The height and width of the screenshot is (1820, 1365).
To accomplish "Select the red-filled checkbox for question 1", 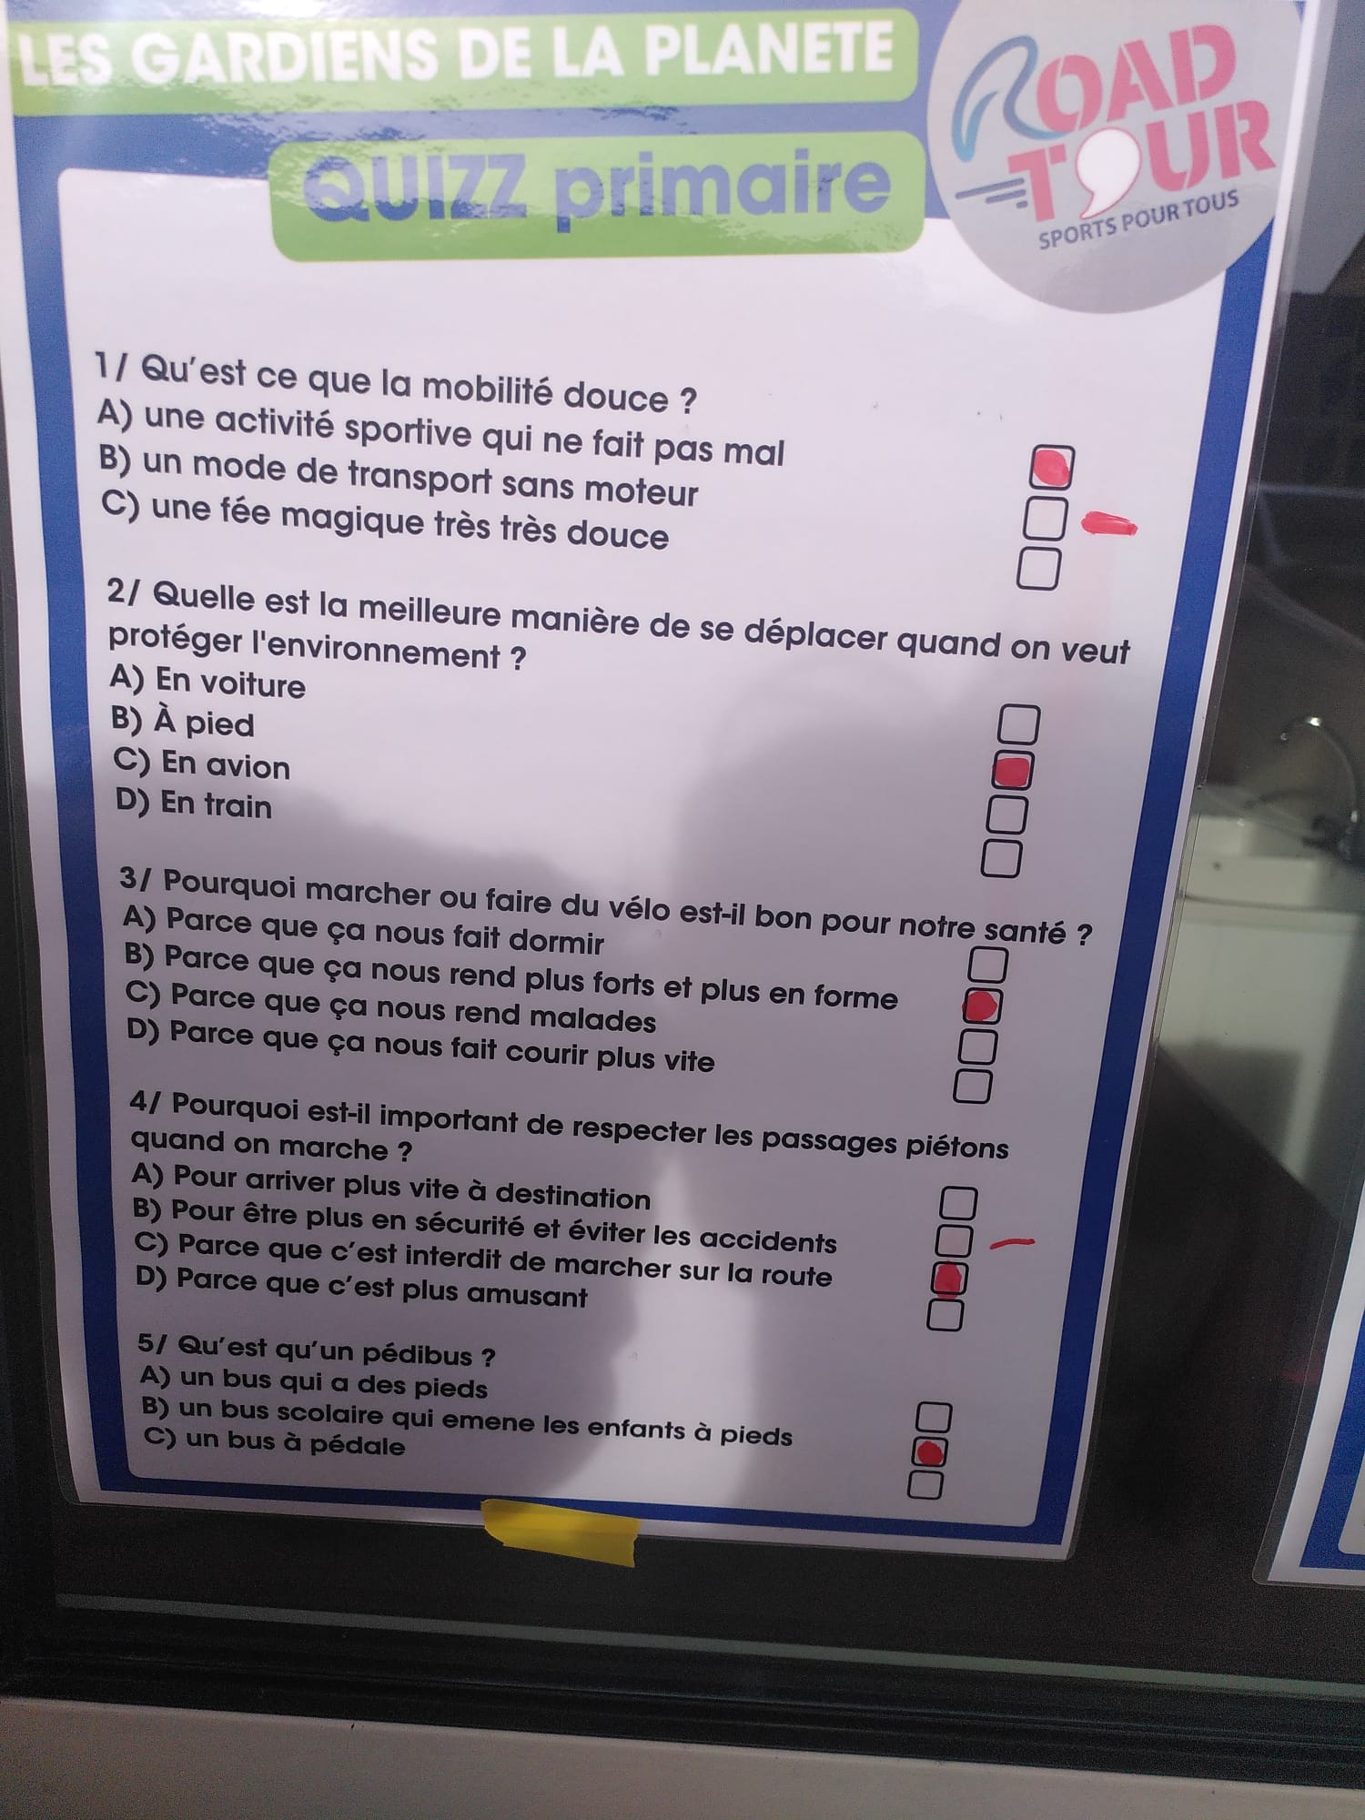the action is [x=1051, y=468].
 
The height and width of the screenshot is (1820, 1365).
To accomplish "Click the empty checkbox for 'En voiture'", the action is [x=1018, y=724].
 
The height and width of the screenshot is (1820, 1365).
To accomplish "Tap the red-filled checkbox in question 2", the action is [x=1012, y=771].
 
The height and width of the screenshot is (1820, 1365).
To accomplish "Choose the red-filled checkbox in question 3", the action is [x=982, y=1006].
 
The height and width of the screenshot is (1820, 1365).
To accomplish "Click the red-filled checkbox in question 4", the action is [x=948, y=1279].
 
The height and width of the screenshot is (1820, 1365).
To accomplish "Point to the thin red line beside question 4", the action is [x=1012, y=1242].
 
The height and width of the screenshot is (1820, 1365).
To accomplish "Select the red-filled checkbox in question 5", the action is [x=928, y=1451].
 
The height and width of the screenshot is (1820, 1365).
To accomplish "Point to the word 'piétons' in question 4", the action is [x=956, y=1145].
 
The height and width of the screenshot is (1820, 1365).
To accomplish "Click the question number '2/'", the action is [x=126, y=591].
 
